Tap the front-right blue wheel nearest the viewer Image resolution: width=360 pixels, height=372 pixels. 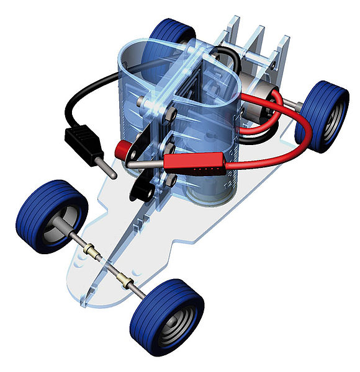tap(166, 316)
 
